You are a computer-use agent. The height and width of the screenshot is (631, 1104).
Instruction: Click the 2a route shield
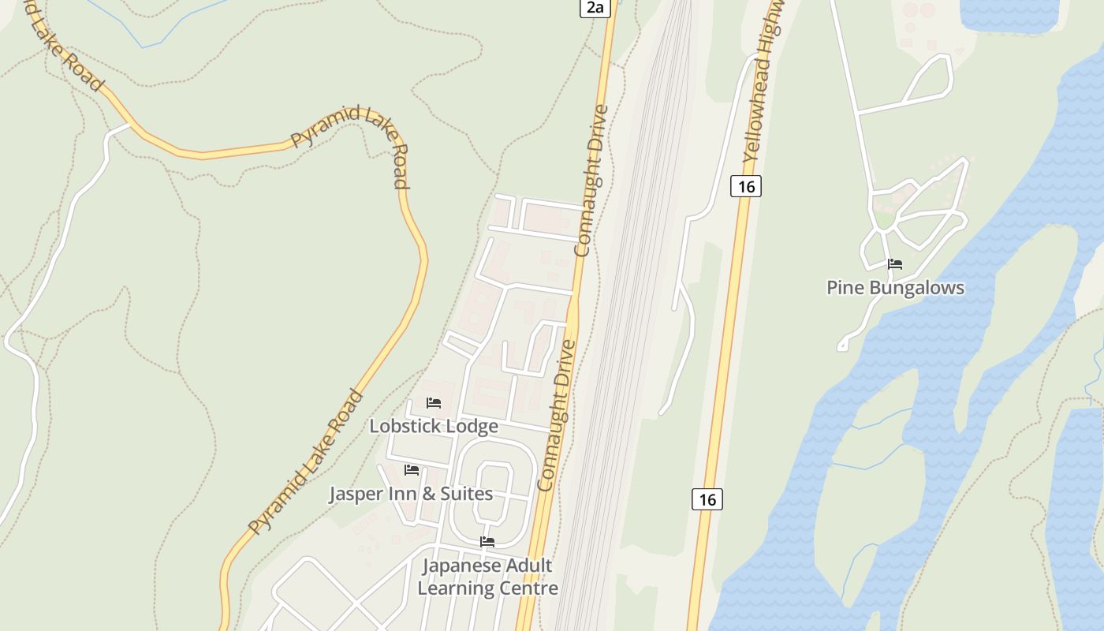click(595, 8)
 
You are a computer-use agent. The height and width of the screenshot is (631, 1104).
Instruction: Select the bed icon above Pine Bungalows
click(894, 264)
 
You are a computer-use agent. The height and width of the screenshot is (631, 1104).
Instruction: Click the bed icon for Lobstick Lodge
click(433, 403)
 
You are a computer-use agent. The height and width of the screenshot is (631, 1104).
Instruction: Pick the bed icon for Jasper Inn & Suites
click(411, 470)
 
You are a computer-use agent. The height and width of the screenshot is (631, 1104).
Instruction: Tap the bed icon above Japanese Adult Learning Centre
click(487, 542)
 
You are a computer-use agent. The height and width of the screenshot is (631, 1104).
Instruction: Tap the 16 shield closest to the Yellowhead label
click(745, 186)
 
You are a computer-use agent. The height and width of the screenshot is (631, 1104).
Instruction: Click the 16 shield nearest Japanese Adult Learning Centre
click(707, 499)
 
